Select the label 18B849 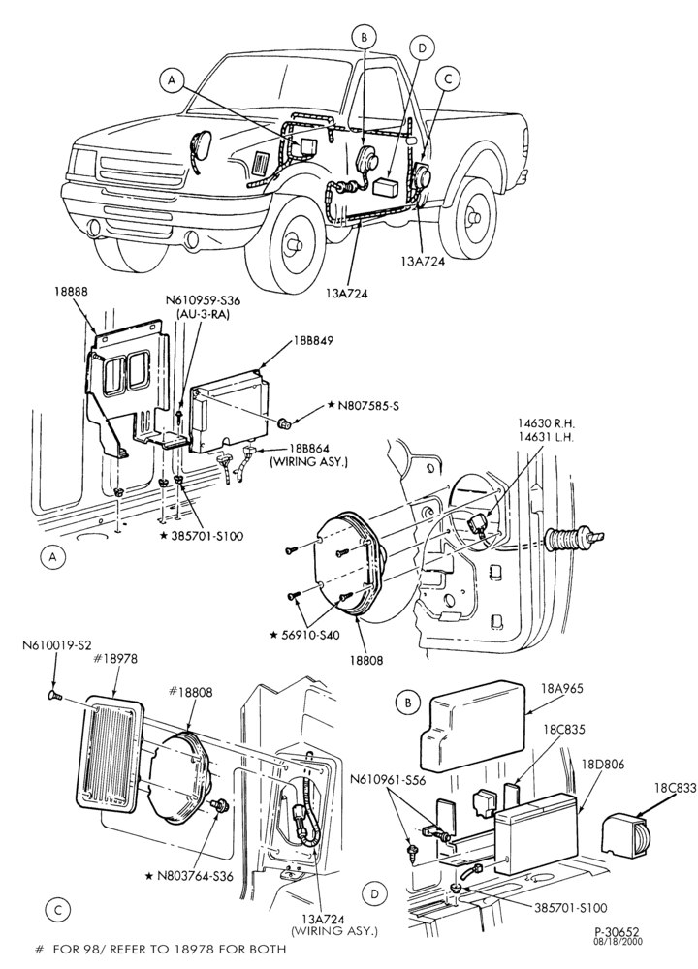click(x=311, y=341)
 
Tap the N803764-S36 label click(x=189, y=876)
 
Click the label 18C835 click(x=555, y=729)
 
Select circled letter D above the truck click(x=423, y=47)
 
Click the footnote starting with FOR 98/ click(x=161, y=949)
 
